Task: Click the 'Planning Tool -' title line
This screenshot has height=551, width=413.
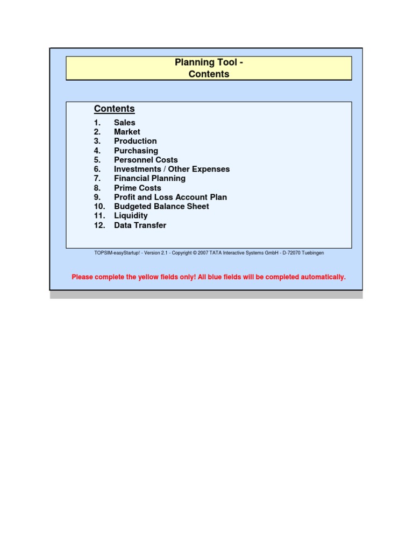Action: click(x=209, y=62)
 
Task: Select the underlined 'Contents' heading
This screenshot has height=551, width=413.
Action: click(x=114, y=109)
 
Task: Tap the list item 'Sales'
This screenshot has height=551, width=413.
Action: click(x=124, y=123)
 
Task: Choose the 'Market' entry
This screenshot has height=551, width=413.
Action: click(x=127, y=132)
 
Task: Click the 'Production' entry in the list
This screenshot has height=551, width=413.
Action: click(x=135, y=141)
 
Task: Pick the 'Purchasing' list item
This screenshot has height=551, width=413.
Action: click(x=136, y=151)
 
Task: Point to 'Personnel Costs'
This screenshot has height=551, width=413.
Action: click(x=145, y=160)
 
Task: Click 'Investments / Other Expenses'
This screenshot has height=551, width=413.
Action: click(x=172, y=169)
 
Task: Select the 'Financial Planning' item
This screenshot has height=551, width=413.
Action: click(x=149, y=178)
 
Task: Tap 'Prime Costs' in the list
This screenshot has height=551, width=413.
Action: click(x=137, y=188)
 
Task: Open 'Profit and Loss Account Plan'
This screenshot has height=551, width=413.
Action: click(x=170, y=197)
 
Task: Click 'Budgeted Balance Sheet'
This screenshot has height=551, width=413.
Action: click(x=161, y=206)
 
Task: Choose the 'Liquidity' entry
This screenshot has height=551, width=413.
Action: click(x=131, y=216)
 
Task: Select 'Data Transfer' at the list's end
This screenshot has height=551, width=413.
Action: click(x=140, y=225)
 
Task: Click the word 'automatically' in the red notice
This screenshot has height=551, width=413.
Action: click(x=321, y=277)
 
